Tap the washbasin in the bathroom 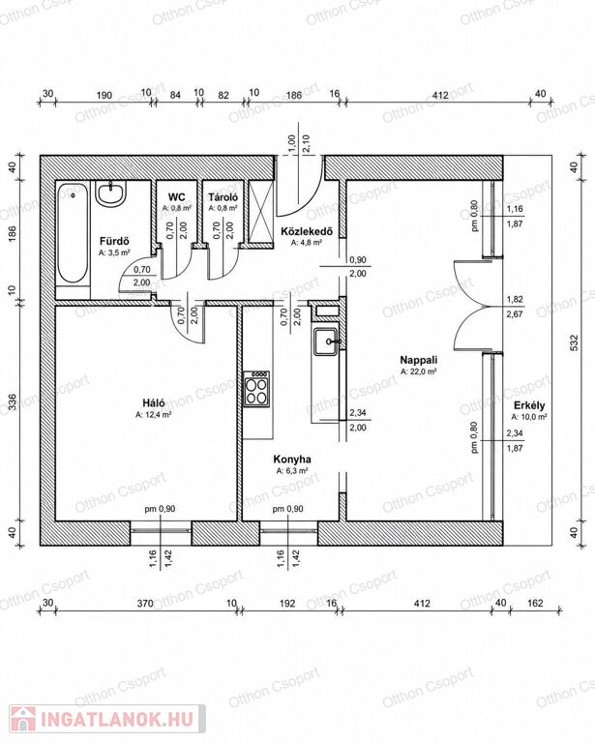(111, 193)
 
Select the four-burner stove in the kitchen (256, 389)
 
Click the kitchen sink (326, 342)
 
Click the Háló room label (154, 402)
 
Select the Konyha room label (292, 460)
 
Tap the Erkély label (529, 405)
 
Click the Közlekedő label (307, 231)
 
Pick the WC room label (177, 197)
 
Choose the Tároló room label (223, 197)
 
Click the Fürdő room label (114, 241)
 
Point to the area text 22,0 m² (419, 371)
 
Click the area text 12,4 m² (154, 415)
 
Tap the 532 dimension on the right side (574, 342)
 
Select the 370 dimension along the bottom (145, 604)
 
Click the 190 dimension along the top (104, 95)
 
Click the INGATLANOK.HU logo (107, 720)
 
